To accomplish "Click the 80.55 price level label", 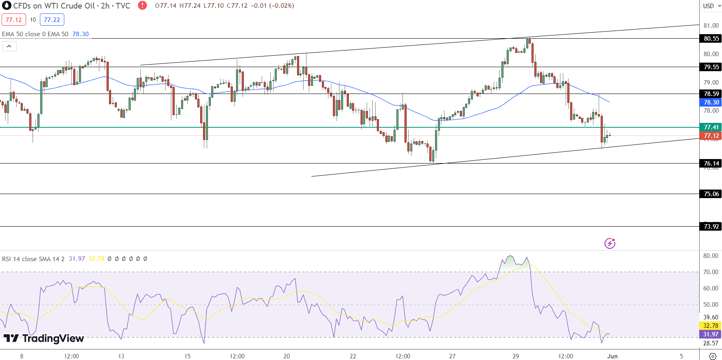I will point(711,39).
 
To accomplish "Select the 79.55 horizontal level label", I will point(711,67).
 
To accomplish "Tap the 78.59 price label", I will point(711,94).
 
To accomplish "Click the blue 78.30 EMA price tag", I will point(711,103).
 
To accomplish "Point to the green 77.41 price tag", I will point(711,127).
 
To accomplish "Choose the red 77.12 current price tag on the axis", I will point(711,136).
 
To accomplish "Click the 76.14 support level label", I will point(711,164).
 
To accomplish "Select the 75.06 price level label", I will point(711,194).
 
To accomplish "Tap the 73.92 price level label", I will point(711,227).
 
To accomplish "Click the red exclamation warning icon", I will point(142,6).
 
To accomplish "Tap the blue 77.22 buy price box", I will point(52,20).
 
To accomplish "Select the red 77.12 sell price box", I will point(14,20).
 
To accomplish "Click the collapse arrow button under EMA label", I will point(9,46).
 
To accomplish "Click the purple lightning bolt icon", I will point(610,243).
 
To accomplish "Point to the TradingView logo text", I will point(44,338).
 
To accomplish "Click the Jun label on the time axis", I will point(612,356).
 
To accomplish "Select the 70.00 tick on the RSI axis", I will point(711,272).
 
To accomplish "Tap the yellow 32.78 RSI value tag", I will point(711,326).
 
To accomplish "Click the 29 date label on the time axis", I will point(516,356).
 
